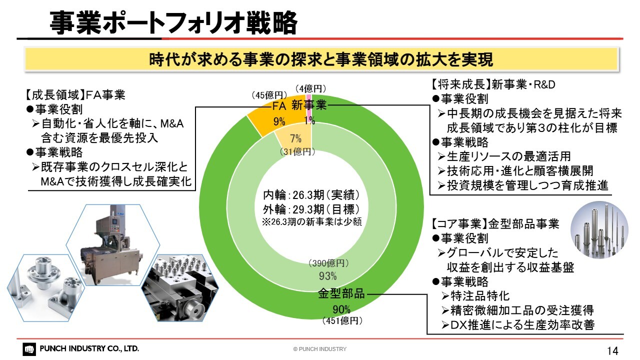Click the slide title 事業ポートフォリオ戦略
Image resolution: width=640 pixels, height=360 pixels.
[x=173, y=23]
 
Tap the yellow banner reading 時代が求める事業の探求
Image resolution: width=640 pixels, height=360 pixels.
[x=321, y=59]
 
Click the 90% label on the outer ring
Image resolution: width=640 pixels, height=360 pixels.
[x=341, y=309]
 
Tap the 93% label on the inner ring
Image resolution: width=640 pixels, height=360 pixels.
[x=327, y=276]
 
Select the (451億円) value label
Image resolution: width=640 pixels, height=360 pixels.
[x=342, y=321]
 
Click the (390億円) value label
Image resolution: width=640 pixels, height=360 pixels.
[x=328, y=263]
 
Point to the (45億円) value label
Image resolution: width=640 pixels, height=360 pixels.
[x=269, y=95]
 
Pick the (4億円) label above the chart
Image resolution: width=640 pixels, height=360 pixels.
[x=310, y=89]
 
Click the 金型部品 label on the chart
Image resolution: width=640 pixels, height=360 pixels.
[x=341, y=293]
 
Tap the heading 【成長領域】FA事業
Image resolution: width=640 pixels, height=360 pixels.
[x=75, y=95]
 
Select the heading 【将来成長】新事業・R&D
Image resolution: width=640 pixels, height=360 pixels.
[x=492, y=84]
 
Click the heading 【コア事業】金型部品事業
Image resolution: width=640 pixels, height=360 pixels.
[x=494, y=223]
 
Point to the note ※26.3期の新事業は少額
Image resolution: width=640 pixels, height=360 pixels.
[x=312, y=221]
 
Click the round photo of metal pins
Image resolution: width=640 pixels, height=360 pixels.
[x=599, y=230]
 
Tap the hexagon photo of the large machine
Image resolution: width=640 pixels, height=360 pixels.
[x=113, y=245]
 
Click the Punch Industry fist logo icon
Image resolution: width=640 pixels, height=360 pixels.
[x=29, y=349]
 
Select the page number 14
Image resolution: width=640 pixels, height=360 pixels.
[x=612, y=350]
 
